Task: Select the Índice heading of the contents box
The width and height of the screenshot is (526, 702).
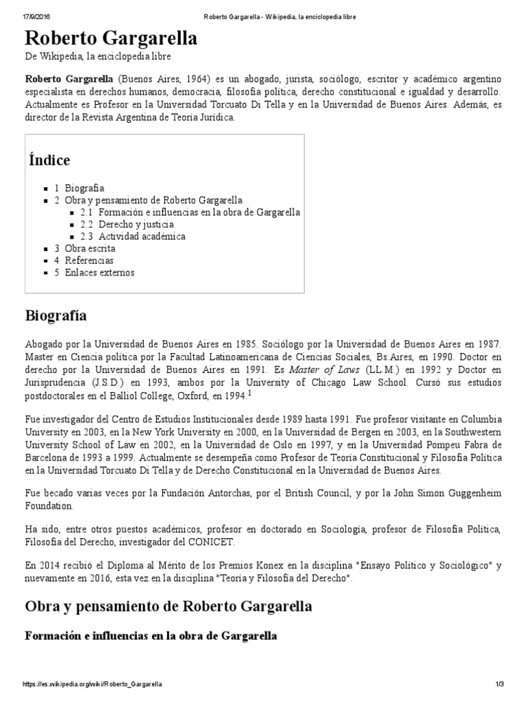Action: (49, 160)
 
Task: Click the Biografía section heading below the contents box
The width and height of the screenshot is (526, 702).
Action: (55, 315)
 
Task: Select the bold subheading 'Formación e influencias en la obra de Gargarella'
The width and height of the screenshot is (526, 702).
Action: (151, 636)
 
